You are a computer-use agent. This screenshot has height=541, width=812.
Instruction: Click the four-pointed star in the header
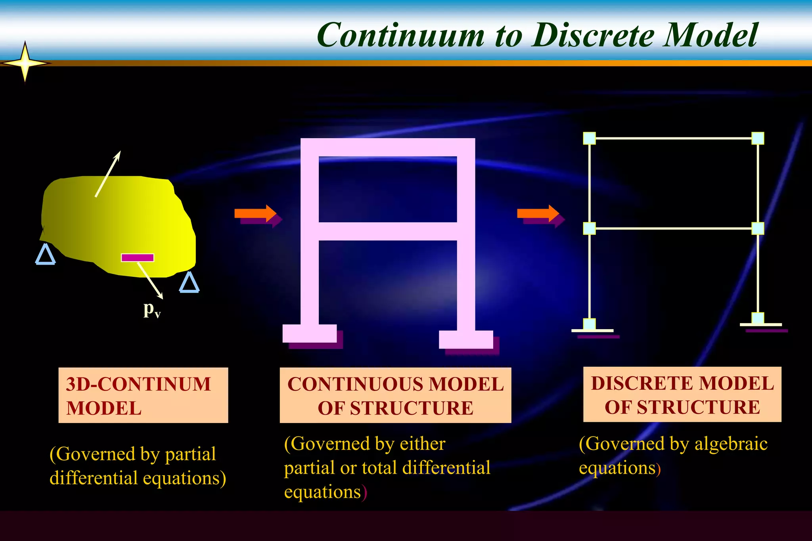[25, 63]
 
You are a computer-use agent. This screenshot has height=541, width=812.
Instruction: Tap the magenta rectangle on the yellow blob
[137, 258]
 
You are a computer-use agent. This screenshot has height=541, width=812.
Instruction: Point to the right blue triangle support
[189, 283]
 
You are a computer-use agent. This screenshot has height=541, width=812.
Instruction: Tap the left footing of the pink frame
[310, 333]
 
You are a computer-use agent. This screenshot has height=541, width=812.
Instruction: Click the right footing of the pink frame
[466, 339]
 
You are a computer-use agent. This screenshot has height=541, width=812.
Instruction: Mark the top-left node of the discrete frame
[590, 139]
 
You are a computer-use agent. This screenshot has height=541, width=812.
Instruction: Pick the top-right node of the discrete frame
[758, 138]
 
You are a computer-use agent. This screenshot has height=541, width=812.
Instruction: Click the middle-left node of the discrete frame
[590, 229]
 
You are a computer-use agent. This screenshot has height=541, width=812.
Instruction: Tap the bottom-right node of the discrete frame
[758, 318]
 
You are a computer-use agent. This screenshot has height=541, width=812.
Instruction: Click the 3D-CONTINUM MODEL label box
[143, 395]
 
